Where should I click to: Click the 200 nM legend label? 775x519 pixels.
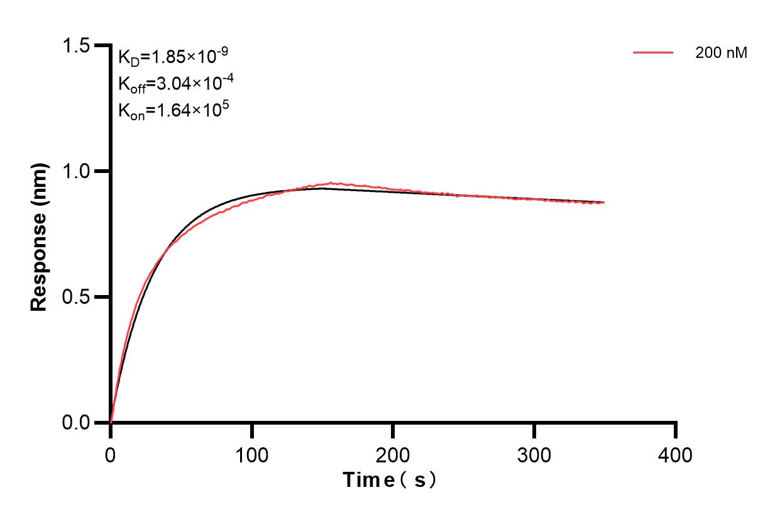click(721, 53)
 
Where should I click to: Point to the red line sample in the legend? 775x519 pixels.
click(653, 53)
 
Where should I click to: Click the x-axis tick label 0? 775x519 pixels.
click(111, 454)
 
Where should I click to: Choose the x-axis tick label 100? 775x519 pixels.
click(251, 454)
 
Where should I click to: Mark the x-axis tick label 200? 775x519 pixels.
click(393, 454)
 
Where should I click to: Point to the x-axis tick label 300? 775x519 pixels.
click(534, 454)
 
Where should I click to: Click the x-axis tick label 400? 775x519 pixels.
click(676, 454)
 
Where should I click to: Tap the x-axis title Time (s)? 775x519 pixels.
click(390, 481)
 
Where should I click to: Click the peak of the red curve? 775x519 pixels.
click(331, 183)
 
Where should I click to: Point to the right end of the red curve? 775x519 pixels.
click(604, 203)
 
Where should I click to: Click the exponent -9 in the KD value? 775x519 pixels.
click(221, 52)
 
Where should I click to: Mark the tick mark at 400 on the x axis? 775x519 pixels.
click(676, 430)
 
